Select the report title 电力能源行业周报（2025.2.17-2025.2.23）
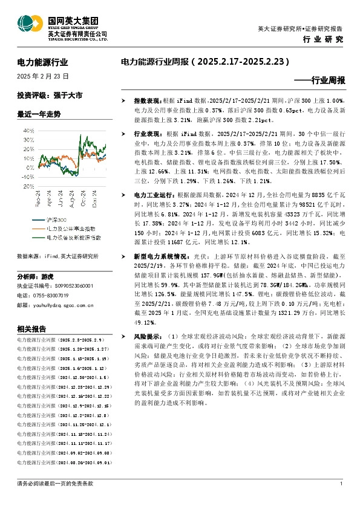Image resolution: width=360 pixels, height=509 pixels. pyautogui.click(x=205, y=62)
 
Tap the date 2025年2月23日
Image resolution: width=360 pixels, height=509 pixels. pyautogui.click(x=42, y=76)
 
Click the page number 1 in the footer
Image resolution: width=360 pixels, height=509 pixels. pyautogui.click(x=342, y=484)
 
